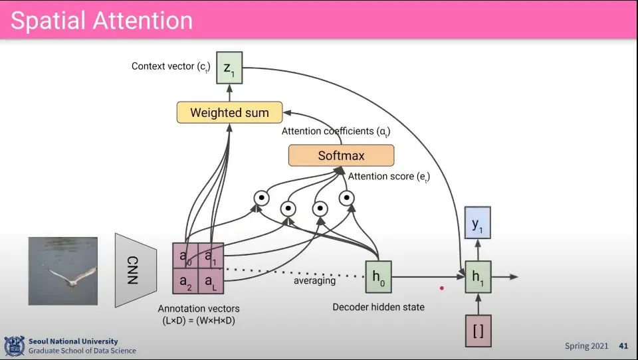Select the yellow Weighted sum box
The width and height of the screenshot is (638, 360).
click(x=229, y=112)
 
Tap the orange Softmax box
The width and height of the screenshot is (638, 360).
click(x=341, y=156)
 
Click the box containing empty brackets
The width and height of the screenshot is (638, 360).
click(x=477, y=331)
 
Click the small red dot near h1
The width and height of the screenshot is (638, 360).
click(x=441, y=288)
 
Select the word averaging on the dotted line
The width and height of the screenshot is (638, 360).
click(x=314, y=281)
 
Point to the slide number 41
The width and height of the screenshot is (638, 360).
click(x=623, y=346)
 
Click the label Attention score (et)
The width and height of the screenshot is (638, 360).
click(x=389, y=177)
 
